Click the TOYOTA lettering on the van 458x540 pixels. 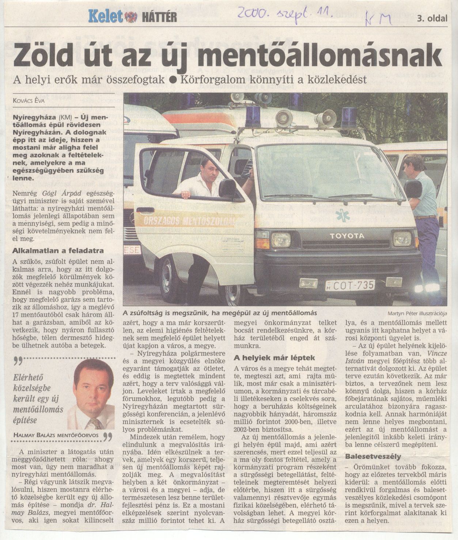(347, 236)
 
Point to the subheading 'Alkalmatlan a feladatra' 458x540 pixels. (58, 251)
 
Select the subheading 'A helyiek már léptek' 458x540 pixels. (274, 358)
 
